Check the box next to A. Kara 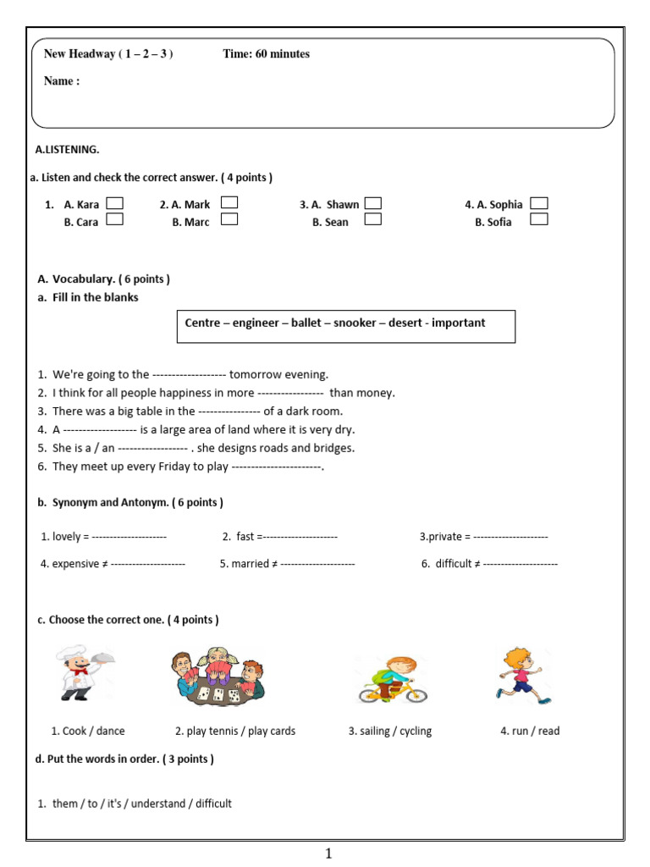point(115,203)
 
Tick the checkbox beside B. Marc point(229,219)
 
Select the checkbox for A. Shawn point(372,203)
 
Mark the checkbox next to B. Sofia point(538,219)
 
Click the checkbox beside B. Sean point(372,219)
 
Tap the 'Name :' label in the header point(62,81)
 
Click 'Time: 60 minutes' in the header point(266,54)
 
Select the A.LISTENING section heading point(67,150)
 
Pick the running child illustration point(522,676)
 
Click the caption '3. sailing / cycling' point(389,731)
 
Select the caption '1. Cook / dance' point(87,731)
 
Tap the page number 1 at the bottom point(328,854)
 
